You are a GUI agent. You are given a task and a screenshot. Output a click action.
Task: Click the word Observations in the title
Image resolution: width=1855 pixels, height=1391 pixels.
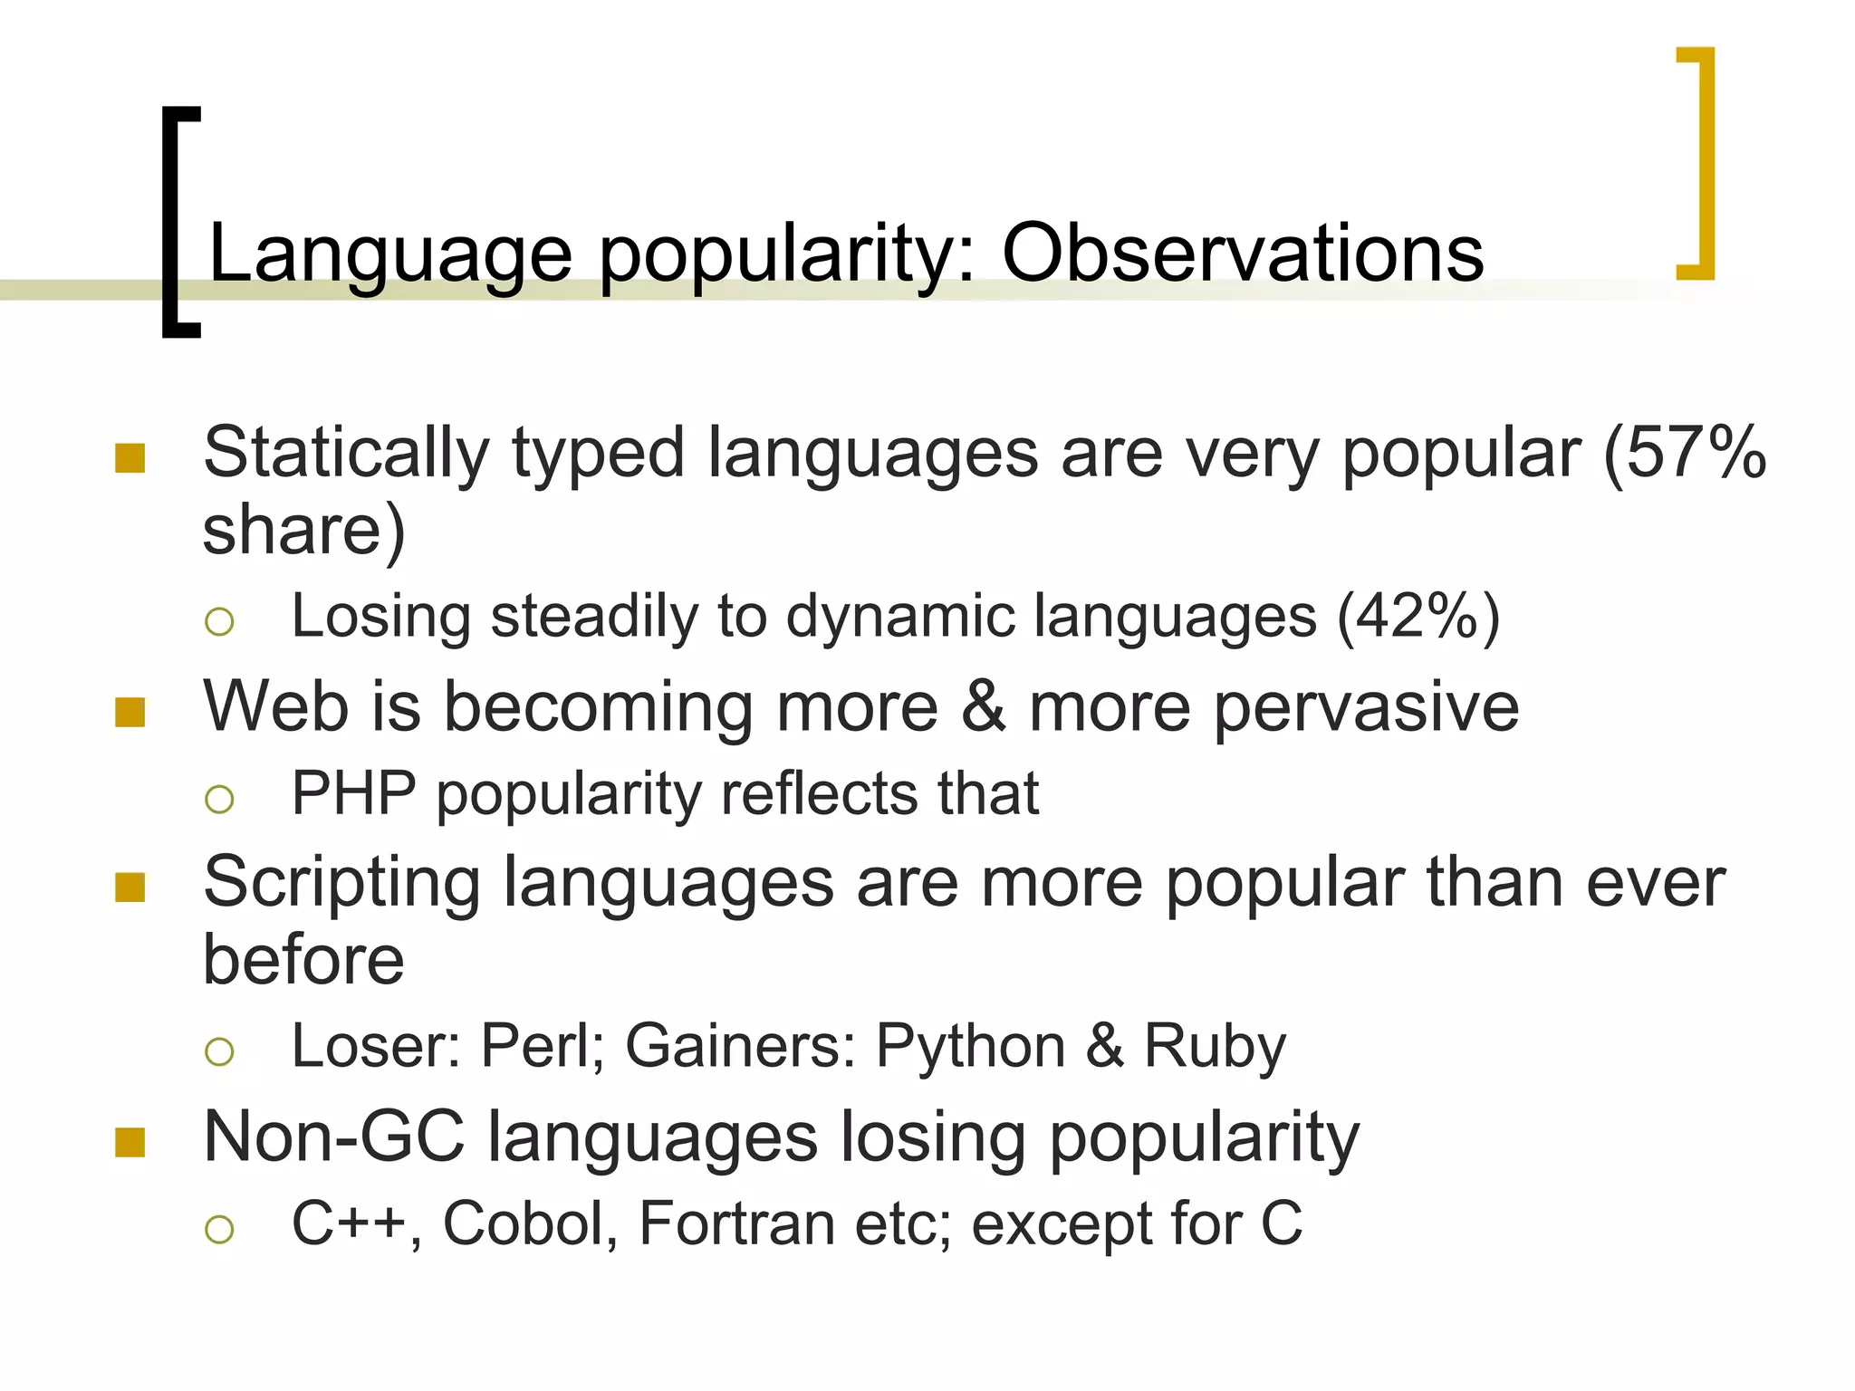pos(1243,254)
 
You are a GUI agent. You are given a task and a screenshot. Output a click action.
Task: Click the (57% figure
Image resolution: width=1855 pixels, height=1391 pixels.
pos(1685,453)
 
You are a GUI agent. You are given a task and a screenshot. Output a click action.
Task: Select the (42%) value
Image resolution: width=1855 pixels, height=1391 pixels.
pos(1418,618)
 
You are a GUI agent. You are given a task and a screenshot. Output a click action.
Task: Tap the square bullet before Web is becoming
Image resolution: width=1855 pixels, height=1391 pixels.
pos(130,713)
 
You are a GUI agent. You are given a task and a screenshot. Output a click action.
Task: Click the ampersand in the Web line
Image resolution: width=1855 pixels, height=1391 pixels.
pos(984,707)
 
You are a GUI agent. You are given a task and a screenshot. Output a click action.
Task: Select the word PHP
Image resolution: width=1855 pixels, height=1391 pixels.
pos(353,794)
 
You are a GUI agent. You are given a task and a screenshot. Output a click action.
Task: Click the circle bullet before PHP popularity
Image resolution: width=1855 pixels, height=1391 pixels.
pos(219,799)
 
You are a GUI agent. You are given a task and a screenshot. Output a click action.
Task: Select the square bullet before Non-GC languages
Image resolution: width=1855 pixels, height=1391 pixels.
pos(130,1143)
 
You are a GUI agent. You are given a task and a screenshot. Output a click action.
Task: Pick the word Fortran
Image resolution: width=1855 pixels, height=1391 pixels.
pos(736,1223)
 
